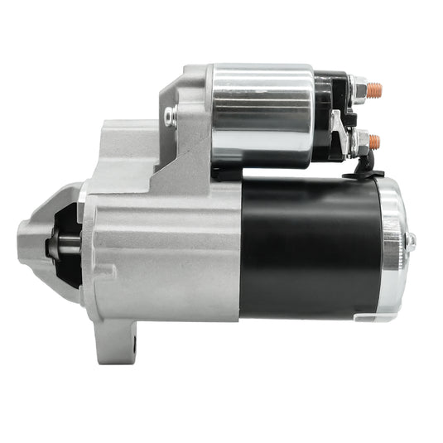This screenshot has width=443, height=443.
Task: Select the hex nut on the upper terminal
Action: (358, 85)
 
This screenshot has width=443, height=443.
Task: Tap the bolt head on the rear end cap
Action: (410, 241)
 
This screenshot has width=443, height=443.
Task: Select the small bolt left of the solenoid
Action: (170, 116)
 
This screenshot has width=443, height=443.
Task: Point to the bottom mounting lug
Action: (124, 339)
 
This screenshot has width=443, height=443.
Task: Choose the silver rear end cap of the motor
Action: (394, 248)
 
